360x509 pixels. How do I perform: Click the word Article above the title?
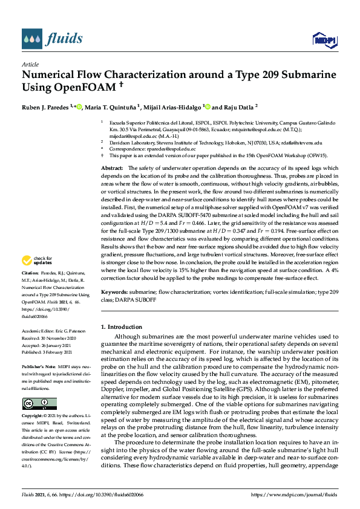[x=30, y=63]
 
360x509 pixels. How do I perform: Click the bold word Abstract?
[x=112, y=167]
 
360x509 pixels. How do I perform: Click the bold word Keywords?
[x=115, y=291]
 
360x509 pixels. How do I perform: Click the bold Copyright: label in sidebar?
[x=34, y=416]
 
